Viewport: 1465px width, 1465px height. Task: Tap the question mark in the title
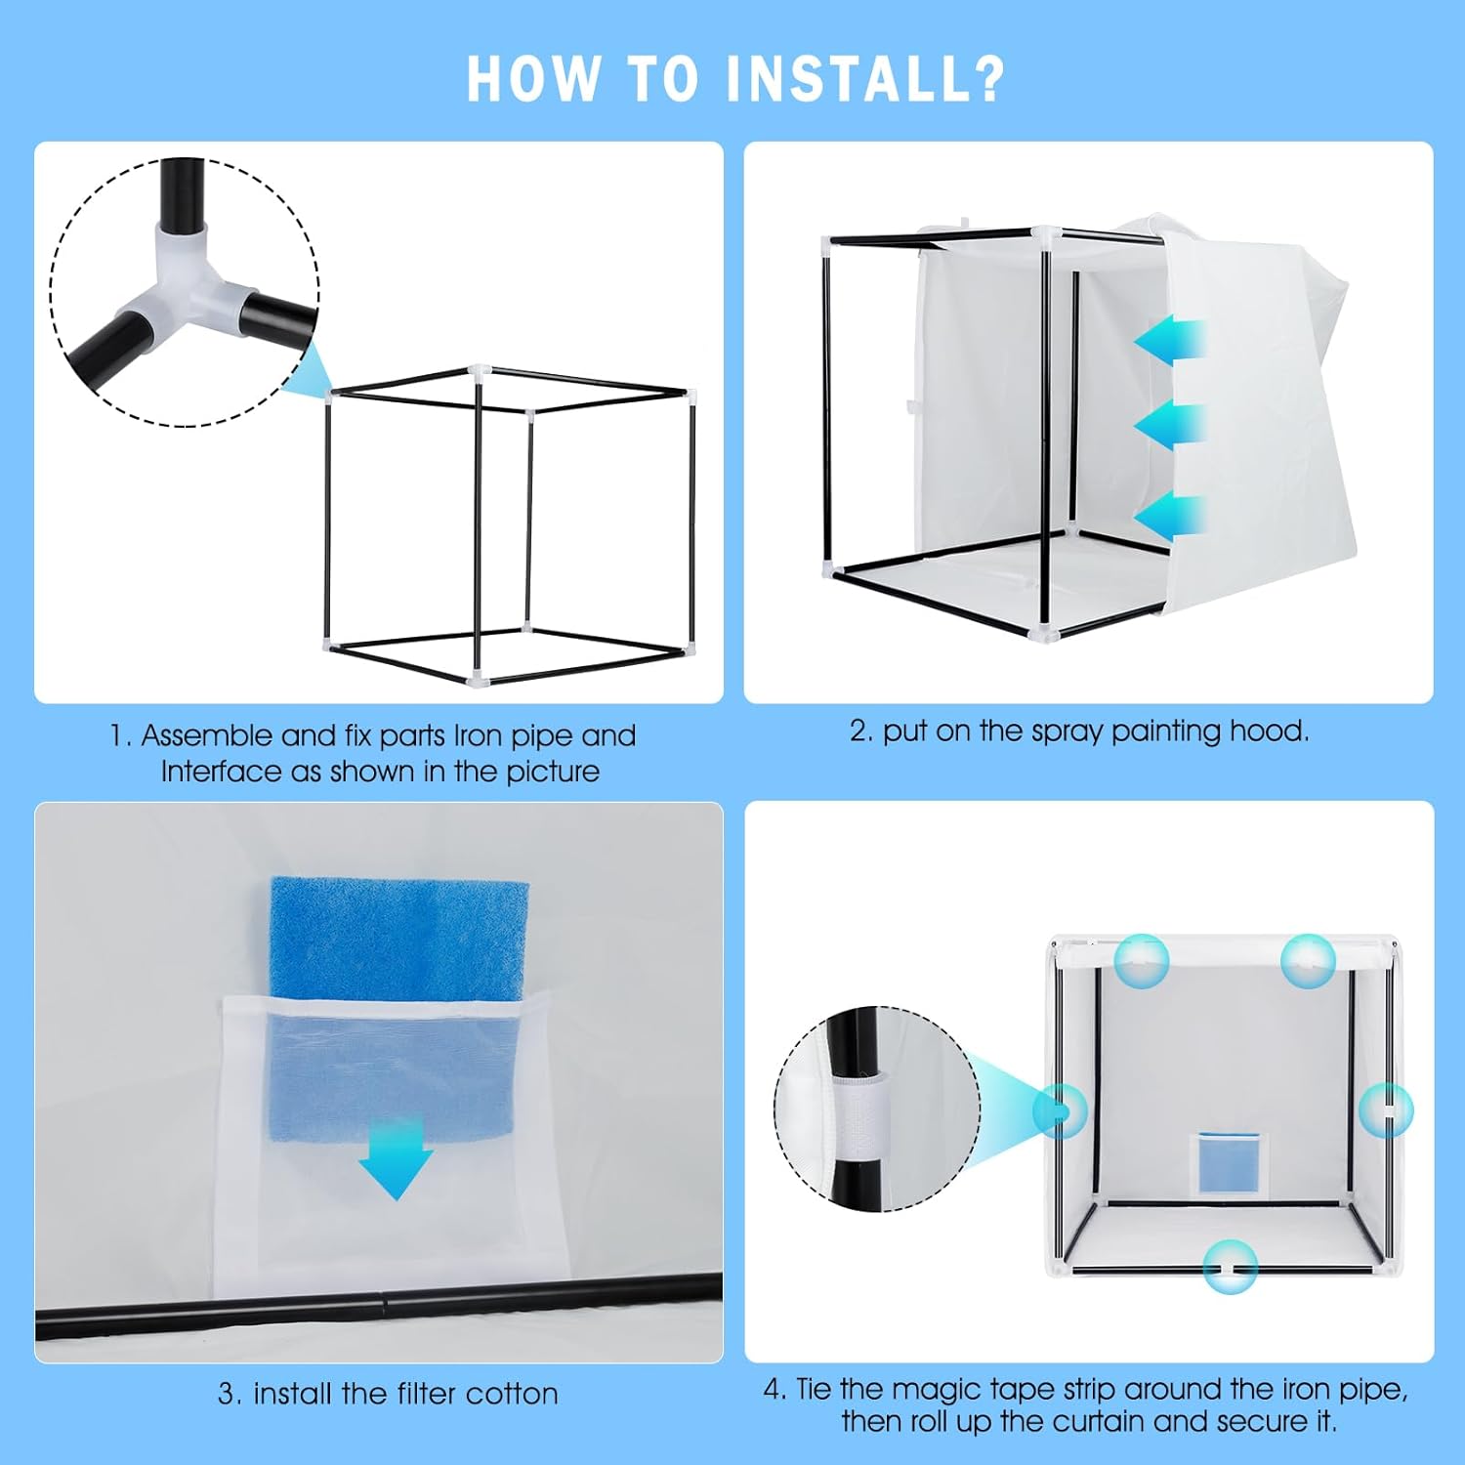[x=987, y=78]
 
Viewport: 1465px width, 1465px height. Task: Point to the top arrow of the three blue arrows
[x=1171, y=342]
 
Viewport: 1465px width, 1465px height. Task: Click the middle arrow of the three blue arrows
[x=1171, y=426]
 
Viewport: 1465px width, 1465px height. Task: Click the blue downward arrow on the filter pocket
[x=396, y=1158]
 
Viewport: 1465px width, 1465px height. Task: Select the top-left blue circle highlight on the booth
[x=1141, y=961]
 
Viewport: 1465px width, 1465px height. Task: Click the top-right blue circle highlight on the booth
[x=1308, y=961]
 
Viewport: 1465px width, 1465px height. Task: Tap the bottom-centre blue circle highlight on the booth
[x=1231, y=1267]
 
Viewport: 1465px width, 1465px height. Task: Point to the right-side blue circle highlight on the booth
[x=1386, y=1110]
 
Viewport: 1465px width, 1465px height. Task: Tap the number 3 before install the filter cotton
[x=228, y=1395]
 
